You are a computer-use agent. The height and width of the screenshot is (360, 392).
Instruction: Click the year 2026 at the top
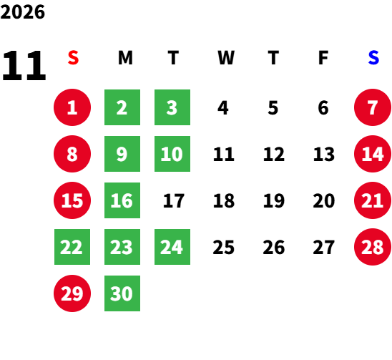pos(22,12)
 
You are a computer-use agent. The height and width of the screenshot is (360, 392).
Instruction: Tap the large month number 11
pos(24,65)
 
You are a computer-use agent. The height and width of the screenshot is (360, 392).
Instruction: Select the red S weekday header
pos(73,58)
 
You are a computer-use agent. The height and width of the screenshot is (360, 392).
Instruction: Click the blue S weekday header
pos(373,58)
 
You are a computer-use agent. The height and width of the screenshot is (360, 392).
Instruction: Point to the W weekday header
pos(226,58)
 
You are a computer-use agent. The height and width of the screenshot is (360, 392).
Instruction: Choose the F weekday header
pos(323,58)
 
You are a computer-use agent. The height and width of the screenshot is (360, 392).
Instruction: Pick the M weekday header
pos(125,58)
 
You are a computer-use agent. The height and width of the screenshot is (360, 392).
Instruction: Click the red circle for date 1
pos(72,107)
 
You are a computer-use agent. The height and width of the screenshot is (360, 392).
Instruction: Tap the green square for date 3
pos(172,107)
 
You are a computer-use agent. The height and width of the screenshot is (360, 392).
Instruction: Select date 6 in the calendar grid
pos(323,108)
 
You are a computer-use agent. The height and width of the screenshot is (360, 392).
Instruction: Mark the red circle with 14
pos(373,154)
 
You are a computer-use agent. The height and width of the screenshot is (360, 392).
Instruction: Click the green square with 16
pos(122,200)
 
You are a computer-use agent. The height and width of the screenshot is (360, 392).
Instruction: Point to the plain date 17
pos(174,200)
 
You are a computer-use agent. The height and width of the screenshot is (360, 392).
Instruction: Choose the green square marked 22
pos(72,247)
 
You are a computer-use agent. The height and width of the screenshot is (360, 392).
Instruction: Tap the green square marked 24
pos(172,247)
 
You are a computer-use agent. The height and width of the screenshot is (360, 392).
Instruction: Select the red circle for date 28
pos(373,247)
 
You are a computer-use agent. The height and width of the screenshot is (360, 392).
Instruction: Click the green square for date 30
pos(122,293)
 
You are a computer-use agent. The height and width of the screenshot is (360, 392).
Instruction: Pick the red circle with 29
pos(72,293)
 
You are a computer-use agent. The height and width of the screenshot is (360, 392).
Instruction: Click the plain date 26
pos(274,247)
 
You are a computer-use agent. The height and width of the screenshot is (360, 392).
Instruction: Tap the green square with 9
pos(122,154)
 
